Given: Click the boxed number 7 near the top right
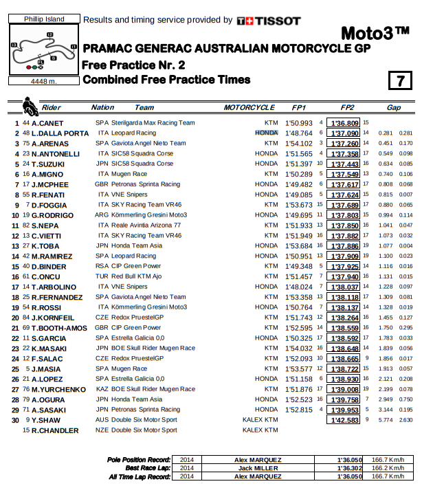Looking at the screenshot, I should pyautogui.click(x=399, y=80).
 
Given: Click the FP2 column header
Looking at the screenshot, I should pyautogui.click(x=346, y=108).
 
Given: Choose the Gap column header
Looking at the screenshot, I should pyautogui.click(x=393, y=108).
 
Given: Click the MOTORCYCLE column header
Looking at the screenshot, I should pyautogui.click(x=249, y=108).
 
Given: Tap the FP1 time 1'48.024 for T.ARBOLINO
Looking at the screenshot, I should pyautogui.click(x=298, y=287).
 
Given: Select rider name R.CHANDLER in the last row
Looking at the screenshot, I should pyautogui.click(x=54, y=430).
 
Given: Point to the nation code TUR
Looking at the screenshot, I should pyautogui.click(x=102, y=276).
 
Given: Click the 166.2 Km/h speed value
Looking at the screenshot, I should pyautogui.click(x=389, y=467).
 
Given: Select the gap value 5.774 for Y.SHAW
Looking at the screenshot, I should pyautogui.click(x=385, y=420).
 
